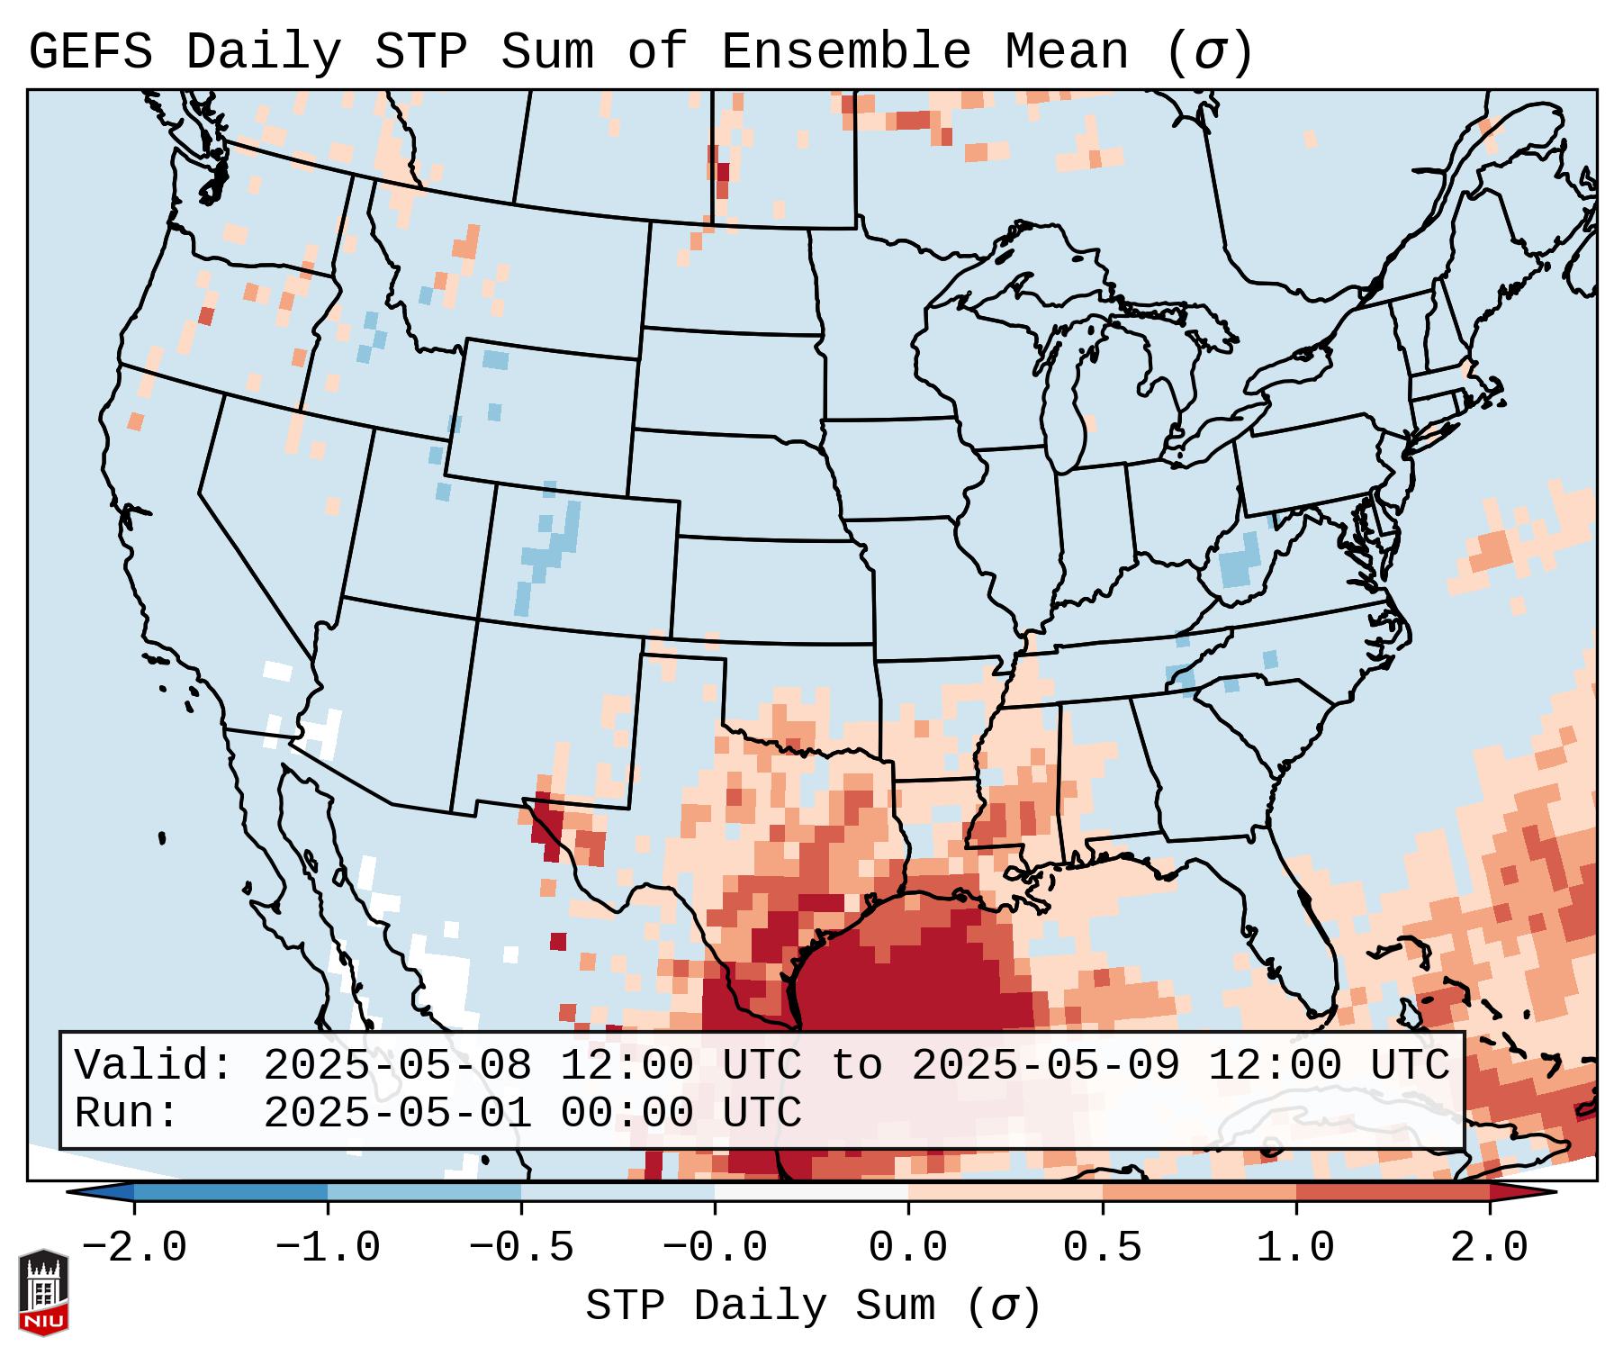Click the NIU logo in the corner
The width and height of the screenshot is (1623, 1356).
coord(43,1292)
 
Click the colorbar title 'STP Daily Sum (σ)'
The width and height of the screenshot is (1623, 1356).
coord(813,1306)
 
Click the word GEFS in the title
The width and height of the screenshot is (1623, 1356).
coord(91,52)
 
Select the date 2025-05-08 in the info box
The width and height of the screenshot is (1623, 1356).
coord(398,1066)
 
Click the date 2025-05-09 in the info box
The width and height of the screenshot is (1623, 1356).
coord(1046,1066)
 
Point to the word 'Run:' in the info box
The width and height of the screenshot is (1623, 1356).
coord(127,1114)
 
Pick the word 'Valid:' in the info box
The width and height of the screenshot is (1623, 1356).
coord(154,1066)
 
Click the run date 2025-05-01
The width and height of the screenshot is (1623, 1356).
coord(398,1114)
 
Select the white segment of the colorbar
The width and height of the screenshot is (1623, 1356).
coord(811,1192)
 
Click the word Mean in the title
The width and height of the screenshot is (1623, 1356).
coord(1067,52)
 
